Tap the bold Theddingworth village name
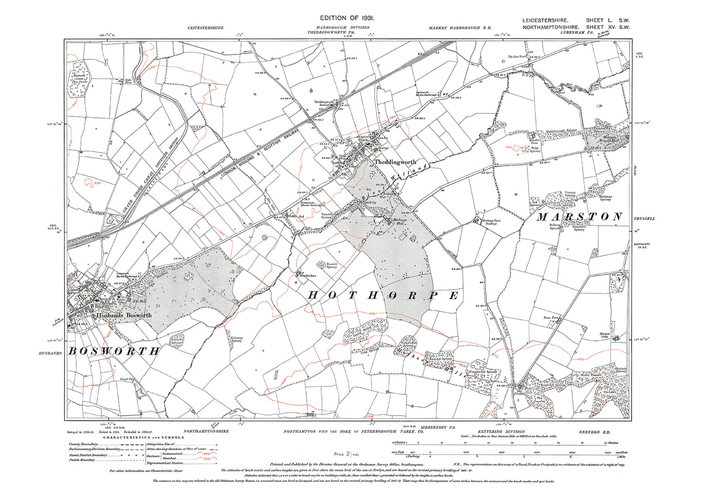[x=395, y=162]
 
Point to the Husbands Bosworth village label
[x=124, y=315]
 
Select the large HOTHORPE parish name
[x=383, y=296]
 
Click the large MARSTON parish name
[x=579, y=217]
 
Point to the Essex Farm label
[x=551, y=318]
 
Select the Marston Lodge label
[x=604, y=335]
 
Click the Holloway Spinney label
[x=237, y=339]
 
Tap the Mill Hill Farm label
[x=534, y=142]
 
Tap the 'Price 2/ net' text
[x=347, y=454]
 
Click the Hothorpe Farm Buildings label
[x=492, y=222]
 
